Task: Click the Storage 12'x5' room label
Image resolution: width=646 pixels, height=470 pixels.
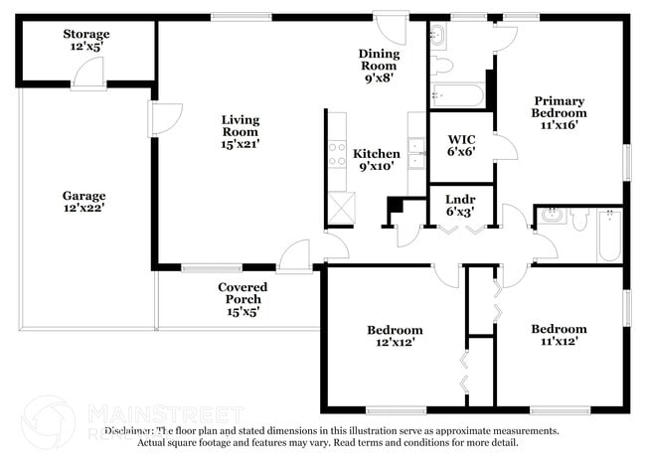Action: tap(87, 40)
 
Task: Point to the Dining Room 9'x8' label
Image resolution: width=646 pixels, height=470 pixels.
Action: tap(380, 66)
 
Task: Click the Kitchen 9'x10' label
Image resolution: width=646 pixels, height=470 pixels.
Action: tap(377, 160)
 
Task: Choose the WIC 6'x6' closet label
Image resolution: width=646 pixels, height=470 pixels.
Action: tap(461, 145)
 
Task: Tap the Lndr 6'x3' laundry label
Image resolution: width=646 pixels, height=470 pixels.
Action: tap(459, 204)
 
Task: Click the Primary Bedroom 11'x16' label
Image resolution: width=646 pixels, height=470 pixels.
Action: tap(560, 112)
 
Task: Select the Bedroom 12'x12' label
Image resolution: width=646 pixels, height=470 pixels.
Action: tap(395, 335)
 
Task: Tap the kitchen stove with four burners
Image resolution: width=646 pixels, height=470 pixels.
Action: tap(336, 153)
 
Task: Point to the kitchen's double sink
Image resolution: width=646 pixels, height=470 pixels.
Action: tap(416, 153)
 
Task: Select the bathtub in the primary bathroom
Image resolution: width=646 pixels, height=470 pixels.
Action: tap(457, 97)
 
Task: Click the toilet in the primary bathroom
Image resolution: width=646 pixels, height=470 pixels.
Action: tap(442, 67)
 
